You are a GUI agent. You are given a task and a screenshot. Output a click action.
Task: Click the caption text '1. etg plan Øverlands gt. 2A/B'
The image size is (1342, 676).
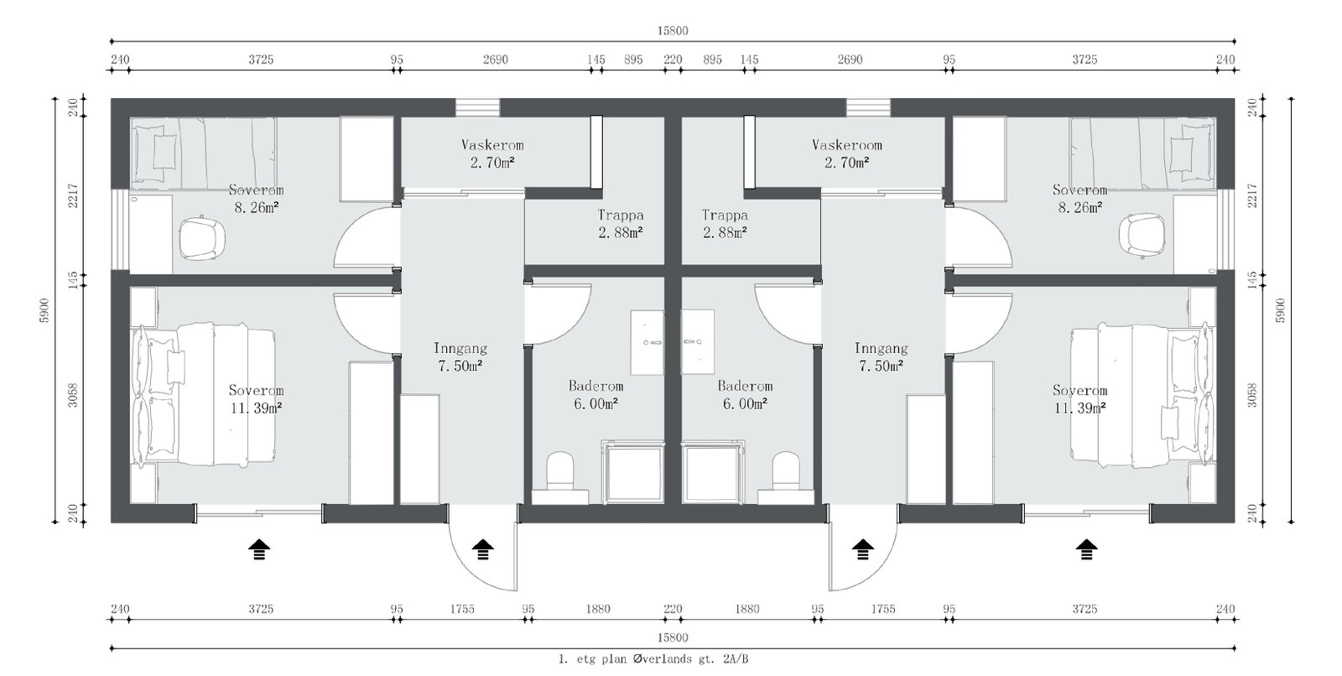tap(653, 659)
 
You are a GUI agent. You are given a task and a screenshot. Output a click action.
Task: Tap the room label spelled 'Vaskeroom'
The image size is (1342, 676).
tap(846, 145)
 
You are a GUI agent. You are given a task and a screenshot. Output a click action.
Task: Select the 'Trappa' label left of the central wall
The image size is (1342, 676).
tap(621, 216)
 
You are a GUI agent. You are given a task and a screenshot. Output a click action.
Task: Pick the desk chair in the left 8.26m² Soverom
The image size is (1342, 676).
tap(202, 237)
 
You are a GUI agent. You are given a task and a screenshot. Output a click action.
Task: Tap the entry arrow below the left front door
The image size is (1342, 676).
tap(482, 549)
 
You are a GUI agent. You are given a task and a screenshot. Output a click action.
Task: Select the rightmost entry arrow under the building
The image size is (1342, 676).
tap(1086, 549)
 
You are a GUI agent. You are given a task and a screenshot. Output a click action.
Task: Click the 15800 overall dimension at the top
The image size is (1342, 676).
tap(673, 30)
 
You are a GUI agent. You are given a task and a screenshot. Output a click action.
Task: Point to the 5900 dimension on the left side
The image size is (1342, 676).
tap(44, 310)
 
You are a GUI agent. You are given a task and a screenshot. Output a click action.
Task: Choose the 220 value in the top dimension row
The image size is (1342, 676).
tap(673, 60)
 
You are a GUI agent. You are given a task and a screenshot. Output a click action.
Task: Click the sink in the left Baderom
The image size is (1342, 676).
tap(647, 342)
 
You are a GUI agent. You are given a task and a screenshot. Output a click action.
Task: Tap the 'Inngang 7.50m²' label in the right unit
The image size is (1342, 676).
tap(881, 357)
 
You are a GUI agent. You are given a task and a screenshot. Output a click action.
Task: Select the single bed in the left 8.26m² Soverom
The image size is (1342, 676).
tap(204, 150)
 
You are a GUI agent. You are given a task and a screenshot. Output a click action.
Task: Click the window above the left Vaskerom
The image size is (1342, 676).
tap(477, 107)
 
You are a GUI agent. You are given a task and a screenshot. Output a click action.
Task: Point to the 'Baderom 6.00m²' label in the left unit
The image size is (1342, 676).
tap(596, 395)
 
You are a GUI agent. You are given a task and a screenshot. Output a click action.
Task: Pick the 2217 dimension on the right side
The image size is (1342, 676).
tap(1253, 195)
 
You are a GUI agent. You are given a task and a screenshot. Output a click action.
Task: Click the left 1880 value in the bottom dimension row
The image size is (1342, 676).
tap(598, 610)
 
